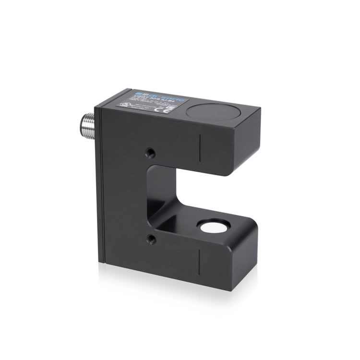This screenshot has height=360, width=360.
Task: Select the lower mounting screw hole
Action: pos(151,239)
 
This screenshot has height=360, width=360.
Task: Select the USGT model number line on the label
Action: pos(144,99)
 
